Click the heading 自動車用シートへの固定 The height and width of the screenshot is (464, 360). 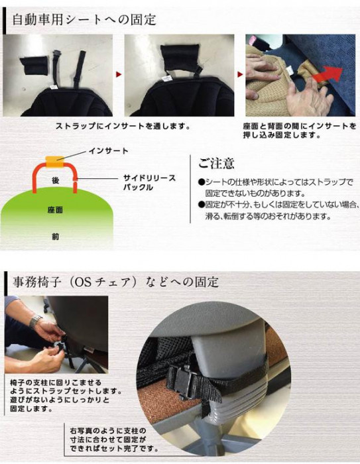click(x=84, y=20)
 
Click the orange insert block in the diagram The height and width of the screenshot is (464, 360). click(x=55, y=162)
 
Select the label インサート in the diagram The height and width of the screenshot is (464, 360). click(x=108, y=151)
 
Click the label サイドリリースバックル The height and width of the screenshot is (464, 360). click(x=150, y=182)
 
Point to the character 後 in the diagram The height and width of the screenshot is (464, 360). click(x=56, y=180)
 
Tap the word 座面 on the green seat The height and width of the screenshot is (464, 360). click(x=56, y=210)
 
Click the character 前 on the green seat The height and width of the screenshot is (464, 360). click(x=56, y=237)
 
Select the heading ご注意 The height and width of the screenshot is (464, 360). click(x=216, y=163)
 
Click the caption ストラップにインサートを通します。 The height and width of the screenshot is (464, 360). click(x=123, y=126)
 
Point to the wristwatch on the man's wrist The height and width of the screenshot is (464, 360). click(x=35, y=321)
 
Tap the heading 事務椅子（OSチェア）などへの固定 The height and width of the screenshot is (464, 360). click(x=115, y=282)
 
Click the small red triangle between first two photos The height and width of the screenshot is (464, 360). click(x=119, y=74)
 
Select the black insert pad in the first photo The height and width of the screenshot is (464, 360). click(x=34, y=65)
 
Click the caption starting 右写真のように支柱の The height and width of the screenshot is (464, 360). click(x=113, y=439)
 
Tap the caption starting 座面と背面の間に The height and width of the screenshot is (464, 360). click(x=300, y=131)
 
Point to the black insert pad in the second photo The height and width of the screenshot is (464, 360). click(x=180, y=59)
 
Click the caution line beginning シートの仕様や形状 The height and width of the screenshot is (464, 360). click(x=276, y=188)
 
